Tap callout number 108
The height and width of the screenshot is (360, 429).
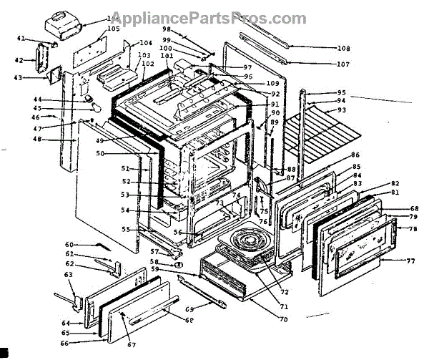pyautogui.click(x=343, y=49)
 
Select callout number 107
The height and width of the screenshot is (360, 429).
pyautogui.click(x=343, y=64)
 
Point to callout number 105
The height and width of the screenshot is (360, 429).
pyautogui.click(x=113, y=29)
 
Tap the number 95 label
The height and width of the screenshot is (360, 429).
pyautogui.click(x=341, y=93)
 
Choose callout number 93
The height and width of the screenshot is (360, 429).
pyautogui.click(x=341, y=110)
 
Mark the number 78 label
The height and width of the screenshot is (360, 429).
pyautogui.click(x=413, y=229)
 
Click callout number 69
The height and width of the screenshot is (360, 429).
pyautogui.click(x=189, y=308)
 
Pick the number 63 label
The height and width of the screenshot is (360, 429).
pyautogui.click(x=68, y=274)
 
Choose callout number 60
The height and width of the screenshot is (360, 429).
pyautogui.click(x=69, y=245)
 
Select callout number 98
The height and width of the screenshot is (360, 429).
pyautogui.click(x=166, y=29)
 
